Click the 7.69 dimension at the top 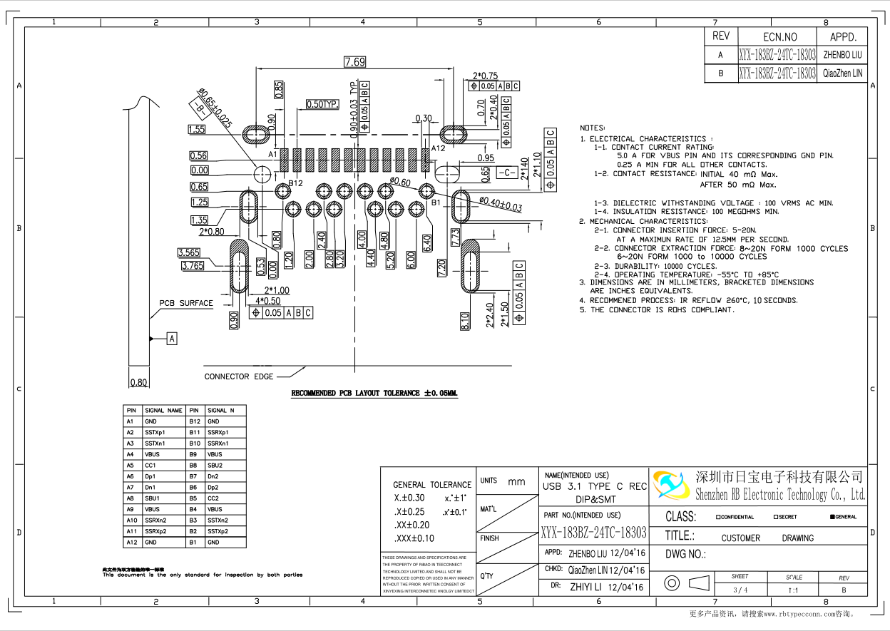pos(354,62)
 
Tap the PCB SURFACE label pos(186,303)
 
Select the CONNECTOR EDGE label pos(239,376)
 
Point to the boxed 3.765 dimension pos(192,266)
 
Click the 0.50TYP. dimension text pos(322,104)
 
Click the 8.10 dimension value pos(465,321)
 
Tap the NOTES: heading pos(593,128)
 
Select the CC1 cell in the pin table pos(150,465)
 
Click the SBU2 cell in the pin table pos(215,465)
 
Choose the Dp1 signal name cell pos(150,476)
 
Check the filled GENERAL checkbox pos(832,517)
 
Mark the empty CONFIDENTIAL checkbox pos(717,517)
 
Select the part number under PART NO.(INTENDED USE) pos(593,533)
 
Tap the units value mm pos(516,482)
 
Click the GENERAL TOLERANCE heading pos(432,485)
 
